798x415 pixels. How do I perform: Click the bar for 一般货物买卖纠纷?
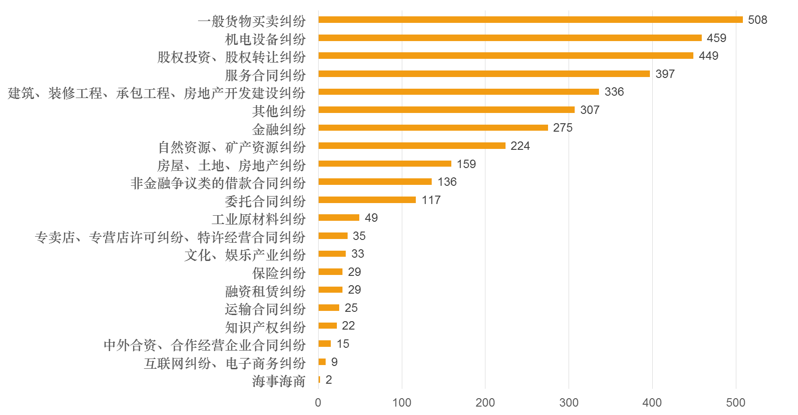pyautogui.click(x=530, y=20)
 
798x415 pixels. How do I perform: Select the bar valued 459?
pyautogui.click(x=510, y=38)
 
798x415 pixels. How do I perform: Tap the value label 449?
pyautogui.click(x=708, y=56)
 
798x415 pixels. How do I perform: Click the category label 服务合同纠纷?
pyautogui.click(x=265, y=75)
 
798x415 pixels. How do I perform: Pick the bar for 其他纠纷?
pyautogui.click(x=446, y=110)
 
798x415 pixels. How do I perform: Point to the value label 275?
pyautogui.click(x=563, y=128)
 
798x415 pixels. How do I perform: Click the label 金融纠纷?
pyautogui.click(x=278, y=129)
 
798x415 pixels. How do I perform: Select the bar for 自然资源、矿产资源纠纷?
pyautogui.click(x=412, y=146)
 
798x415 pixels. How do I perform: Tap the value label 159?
pyautogui.click(x=466, y=164)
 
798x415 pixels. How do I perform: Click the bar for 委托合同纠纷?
pyautogui.click(x=367, y=200)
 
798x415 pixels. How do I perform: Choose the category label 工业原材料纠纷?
pyautogui.click(x=258, y=219)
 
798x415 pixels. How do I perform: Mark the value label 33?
pyautogui.click(x=357, y=254)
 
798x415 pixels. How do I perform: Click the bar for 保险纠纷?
pyautogui.click(x=330, y=272)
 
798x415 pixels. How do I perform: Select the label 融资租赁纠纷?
pyautogui.click(x=265, y=291)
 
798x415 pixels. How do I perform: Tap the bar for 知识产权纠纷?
pyautogui.click(x=328, y=326)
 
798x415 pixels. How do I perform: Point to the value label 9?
pyautogui.click(x=334, y=362)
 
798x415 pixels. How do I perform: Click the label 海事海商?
pyautogui.click(x=278, y=381)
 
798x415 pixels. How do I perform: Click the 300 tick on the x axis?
pyautogui.click(x=569, y=403)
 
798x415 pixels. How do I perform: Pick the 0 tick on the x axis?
pyautogui.click(x=318, y=403)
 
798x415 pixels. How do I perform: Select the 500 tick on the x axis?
pyautogui.click(x=735, y=403)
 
